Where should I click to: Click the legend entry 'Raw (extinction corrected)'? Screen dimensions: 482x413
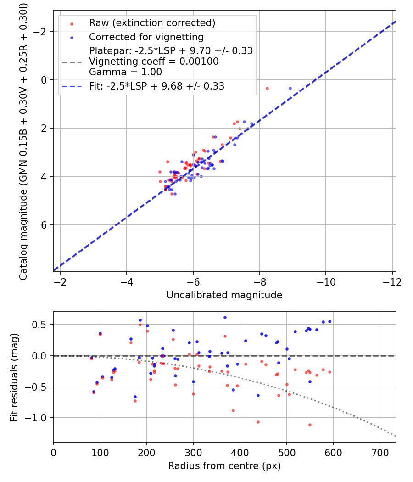(152, 23)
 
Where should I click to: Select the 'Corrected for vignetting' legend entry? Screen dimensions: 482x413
(146, 37)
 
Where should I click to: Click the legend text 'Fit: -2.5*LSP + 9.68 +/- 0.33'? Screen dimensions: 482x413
(156, 86)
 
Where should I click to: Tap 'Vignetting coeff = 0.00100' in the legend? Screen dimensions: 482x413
(154, 62)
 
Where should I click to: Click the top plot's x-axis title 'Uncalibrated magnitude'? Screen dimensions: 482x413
(224, 295)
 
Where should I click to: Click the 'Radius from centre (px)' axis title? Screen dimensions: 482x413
(224, 466)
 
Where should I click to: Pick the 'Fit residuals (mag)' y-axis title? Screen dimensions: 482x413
(14, 377)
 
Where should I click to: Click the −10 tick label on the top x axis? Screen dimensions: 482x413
(325, 281)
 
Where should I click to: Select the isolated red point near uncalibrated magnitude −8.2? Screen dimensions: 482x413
(267, 88)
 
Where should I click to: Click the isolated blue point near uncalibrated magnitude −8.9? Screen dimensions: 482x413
(290, 88)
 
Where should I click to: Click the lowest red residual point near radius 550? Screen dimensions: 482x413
(310, 425)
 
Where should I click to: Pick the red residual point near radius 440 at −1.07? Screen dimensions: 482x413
(258, 422)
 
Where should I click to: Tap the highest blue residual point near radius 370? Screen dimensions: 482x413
(225, 317)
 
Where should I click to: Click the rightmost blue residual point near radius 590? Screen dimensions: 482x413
(329, 321)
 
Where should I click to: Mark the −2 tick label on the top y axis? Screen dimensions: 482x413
(42, 32)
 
